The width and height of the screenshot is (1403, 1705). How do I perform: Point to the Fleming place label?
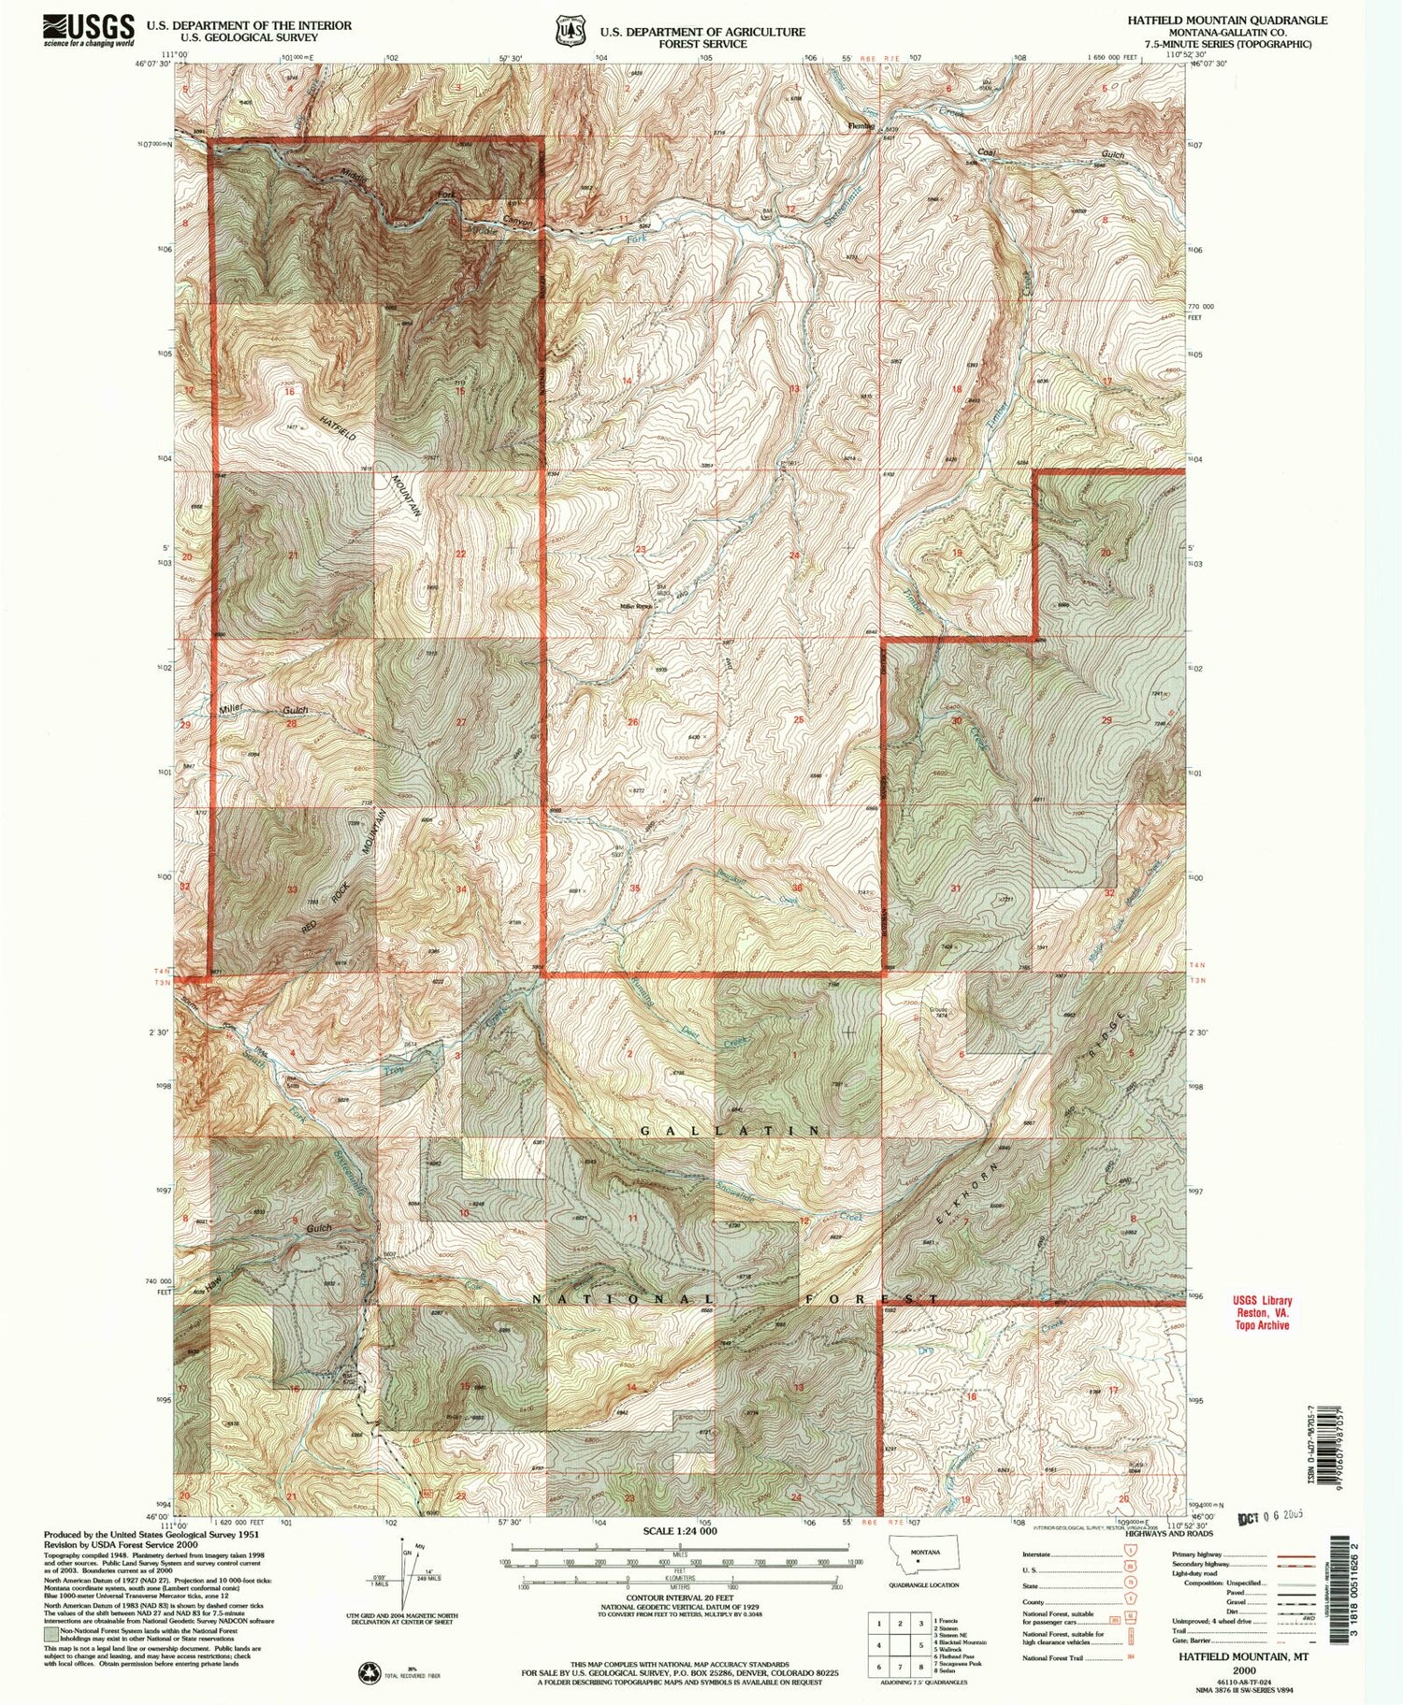click(x=861, y=125)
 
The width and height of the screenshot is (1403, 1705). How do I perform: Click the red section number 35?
click(x=636, y=888)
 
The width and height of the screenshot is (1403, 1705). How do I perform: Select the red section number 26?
click(x=633, y=722)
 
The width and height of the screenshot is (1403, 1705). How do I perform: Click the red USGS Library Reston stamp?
click(x=1262, y=1312)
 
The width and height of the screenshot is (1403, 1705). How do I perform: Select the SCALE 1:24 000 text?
click(x=679, y=1531)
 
